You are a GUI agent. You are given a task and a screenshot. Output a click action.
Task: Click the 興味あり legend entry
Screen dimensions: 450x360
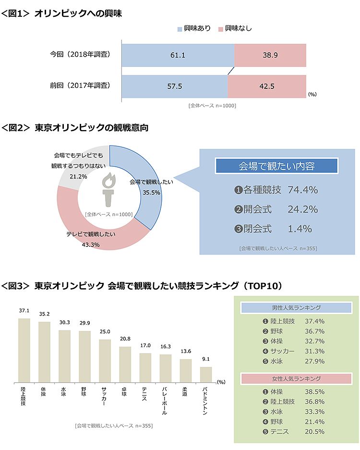tap(194, 28)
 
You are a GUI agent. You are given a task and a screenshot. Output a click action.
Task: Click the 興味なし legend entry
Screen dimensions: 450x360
tap(235, 28)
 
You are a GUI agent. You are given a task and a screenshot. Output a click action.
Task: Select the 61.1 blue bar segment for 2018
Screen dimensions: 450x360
tap(178, 55)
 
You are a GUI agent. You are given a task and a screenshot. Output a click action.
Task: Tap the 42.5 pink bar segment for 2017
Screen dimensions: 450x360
tap(267, 86)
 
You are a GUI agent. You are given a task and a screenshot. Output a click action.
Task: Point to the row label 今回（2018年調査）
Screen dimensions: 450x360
tap(80, 55)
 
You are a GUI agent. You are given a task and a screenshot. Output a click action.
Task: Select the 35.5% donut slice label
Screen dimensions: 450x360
tap(152, 193)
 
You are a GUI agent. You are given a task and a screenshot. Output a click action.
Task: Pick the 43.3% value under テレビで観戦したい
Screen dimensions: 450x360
tap(91, 244)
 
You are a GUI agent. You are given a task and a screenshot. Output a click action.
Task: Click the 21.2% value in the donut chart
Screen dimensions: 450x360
tap(78, 176)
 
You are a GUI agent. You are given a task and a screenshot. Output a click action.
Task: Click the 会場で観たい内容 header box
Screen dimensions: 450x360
tap(276, 166)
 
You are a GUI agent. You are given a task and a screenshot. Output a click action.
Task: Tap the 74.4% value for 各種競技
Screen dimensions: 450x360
tap(302, 190)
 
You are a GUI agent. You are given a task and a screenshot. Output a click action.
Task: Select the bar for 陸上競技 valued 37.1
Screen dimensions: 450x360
tap(24, 350)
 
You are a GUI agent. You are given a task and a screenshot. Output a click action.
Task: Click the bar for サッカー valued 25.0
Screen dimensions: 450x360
tap(105, 360)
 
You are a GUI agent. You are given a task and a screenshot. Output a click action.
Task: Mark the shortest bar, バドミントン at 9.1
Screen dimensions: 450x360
tap(205, 374)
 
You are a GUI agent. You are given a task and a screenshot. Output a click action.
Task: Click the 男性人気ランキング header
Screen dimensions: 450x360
tap(296, 308)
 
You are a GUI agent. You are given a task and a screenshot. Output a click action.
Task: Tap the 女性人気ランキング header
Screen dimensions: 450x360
tap(296, 379)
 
